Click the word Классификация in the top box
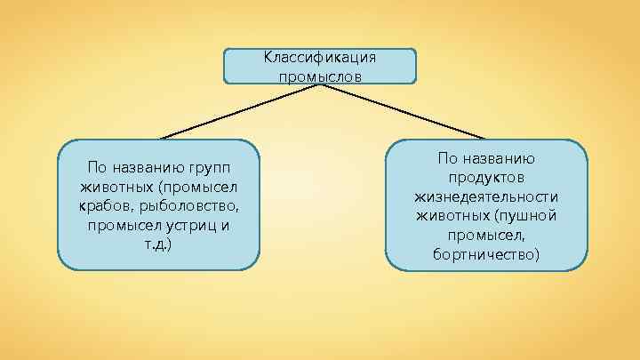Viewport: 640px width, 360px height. coord(320,58)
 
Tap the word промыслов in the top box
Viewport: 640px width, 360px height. coord(320,75)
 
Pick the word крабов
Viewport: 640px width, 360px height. coord(108,206)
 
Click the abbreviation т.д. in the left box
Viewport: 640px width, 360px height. coord(158,244)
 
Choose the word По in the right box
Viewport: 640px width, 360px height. coord(447,157)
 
